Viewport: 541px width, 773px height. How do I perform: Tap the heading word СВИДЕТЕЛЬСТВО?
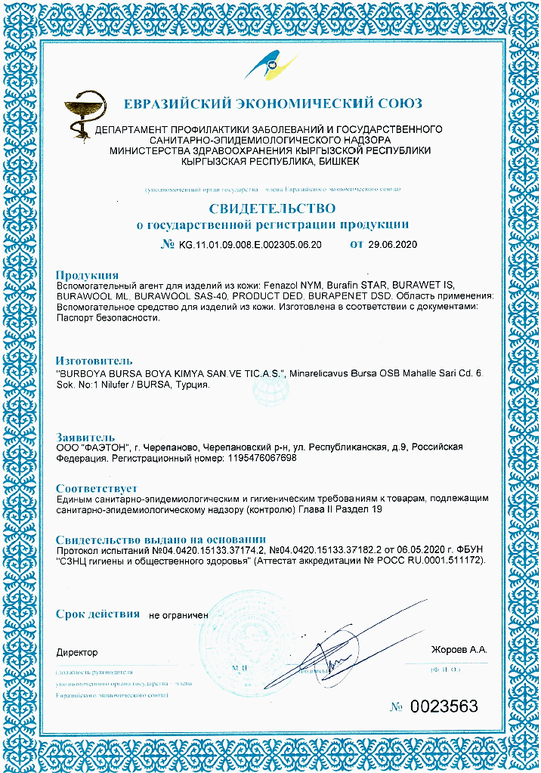pos(271,207)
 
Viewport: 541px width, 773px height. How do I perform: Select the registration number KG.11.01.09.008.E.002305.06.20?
pos(250,245)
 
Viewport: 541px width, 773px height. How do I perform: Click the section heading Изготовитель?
pos(94,360)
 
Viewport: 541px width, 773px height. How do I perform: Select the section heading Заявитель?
pos(85,437)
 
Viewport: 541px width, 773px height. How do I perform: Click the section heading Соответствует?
pos(97,488)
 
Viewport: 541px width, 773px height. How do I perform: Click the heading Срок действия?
pos(97,614)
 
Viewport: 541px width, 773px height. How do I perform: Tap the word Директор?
pos(77,651)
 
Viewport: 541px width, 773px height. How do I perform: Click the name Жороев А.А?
pos(459,650)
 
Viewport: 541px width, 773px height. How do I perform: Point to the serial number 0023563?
pos(444,707)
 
